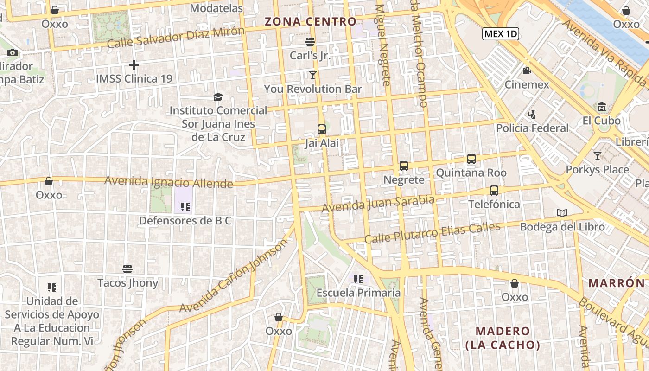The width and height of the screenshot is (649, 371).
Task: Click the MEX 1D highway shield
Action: click(x=500, y=34)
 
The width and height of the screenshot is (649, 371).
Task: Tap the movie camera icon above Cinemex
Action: click(x=527, y=71)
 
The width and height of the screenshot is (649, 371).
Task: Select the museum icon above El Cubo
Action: click(x=602, y=107)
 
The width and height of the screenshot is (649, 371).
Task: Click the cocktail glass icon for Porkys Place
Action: click(x=598, y=156)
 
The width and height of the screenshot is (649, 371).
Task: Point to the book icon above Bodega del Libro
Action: click(x=562, y=213)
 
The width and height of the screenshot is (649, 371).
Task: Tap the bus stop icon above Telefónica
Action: click(x=494, y=191)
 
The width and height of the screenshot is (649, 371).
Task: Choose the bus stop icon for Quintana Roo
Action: click(x=471, y=159)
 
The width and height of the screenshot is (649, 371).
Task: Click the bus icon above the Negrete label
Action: click(x=404, y=166)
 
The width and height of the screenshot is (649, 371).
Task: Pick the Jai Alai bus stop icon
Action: click(x=322, y=129)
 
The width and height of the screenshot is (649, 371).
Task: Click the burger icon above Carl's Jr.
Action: click(x=310, y=42)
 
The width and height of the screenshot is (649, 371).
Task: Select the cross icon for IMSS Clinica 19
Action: click(x=134, y=65)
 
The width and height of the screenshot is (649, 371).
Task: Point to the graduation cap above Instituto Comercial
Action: click(x=218, y=97)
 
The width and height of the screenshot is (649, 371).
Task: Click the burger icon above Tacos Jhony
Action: click(x=127, y=269)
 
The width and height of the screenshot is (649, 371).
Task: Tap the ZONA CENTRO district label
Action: click(x=310, y=21)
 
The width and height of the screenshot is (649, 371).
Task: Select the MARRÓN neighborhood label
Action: click(x=616, y=283)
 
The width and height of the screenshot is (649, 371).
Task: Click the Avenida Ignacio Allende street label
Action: click(x=169, y=182)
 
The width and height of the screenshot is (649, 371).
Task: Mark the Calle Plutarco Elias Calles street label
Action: click(x=432, y=233)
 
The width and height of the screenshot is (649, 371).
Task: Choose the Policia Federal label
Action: click(x=532, y=128)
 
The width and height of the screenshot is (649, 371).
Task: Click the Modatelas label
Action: click(x=216, y=8)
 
